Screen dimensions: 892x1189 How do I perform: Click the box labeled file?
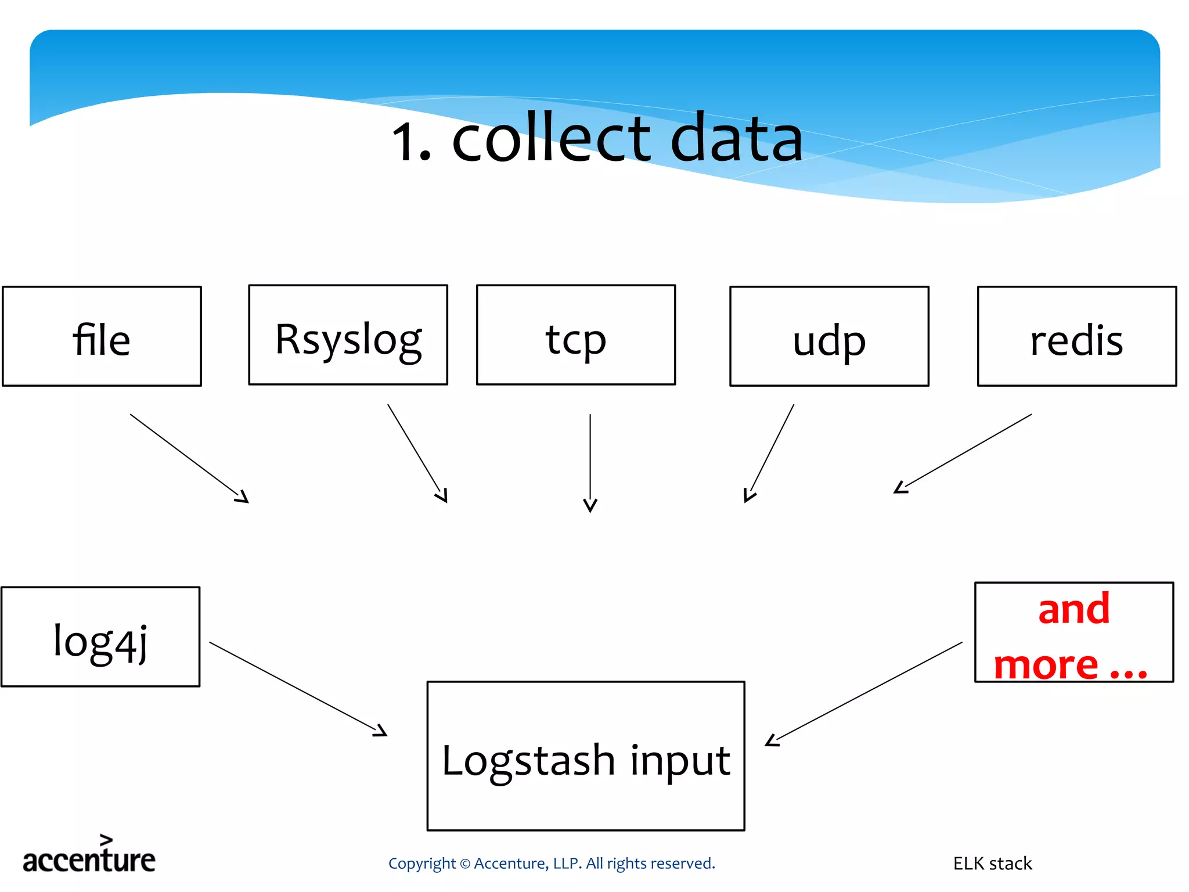102,336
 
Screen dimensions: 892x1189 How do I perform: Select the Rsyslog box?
348,335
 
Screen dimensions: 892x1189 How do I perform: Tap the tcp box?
575,335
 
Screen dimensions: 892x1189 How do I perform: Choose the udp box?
829,336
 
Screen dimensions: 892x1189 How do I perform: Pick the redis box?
1076,336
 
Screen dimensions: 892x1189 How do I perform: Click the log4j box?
100,636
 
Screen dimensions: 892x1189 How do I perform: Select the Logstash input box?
585,756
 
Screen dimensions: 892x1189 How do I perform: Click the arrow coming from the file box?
189,458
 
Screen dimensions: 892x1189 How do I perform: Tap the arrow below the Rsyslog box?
417,452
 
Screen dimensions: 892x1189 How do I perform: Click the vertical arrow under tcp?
590,462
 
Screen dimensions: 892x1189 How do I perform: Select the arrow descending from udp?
770,452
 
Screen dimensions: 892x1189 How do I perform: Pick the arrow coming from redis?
964,453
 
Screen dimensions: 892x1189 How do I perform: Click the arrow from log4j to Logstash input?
297,689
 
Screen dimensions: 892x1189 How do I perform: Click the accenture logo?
89,856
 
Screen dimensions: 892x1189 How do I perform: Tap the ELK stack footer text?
992,864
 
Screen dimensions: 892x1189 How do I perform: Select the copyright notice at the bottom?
551,864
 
